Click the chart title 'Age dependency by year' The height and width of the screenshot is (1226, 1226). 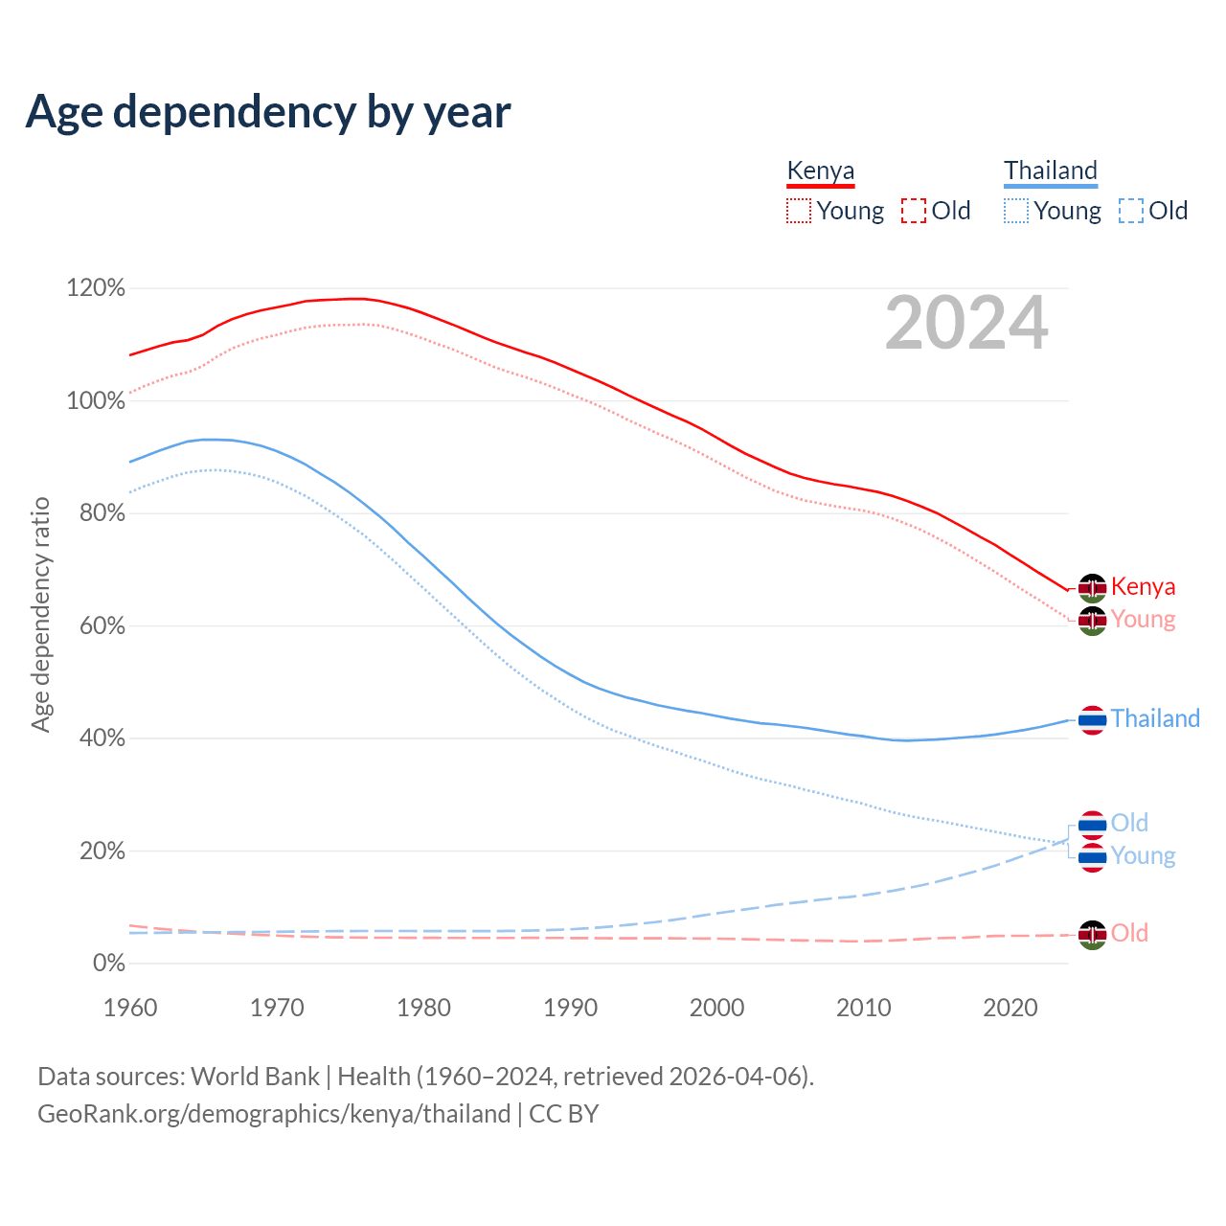tap(268, 112)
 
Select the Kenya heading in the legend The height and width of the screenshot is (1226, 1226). tap(820, 171)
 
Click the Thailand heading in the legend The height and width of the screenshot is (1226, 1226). tap(1050, 171)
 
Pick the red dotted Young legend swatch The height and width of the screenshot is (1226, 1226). tap(798, 211)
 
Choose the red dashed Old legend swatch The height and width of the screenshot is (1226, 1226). tap(914, 211)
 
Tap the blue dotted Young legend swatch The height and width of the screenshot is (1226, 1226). tap(1016, 211)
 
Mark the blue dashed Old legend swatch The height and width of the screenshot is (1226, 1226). tap(1131, 211)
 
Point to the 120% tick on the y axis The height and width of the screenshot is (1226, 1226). tap(96, 288)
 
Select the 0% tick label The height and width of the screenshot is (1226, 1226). tap(108, 964)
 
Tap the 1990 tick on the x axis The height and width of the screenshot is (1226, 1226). tap(571, 1008)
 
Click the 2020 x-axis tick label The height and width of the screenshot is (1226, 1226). tap(1010, 1008)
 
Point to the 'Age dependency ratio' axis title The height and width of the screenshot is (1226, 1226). tap(40, 614)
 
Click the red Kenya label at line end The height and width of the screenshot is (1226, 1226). tap(1143, 586)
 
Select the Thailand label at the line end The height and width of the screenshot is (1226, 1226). tap(1155, 718)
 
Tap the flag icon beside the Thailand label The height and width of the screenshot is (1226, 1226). tap(1093, 719)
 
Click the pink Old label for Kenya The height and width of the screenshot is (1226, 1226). tap(1129, 933)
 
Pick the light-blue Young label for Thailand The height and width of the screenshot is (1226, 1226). tap(1143, 855)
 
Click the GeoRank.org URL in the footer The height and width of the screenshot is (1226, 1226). tap(274, 1114)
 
